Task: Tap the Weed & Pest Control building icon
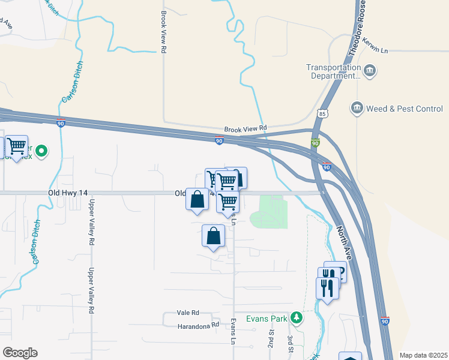(x=357, y=108)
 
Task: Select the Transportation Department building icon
(x=370, y=72)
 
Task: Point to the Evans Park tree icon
(x=295, y=317)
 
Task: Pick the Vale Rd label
(x=188, y=313)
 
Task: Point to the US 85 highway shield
(x=324, y=113)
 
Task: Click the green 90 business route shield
(x=316, y=144)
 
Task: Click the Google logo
(x=20, y=353)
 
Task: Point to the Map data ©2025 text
(x=423, y=355)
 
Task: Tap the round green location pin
(x=41, y=151)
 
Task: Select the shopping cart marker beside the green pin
(x=17, y=146)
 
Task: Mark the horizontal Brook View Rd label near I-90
(x=245, y=129)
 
